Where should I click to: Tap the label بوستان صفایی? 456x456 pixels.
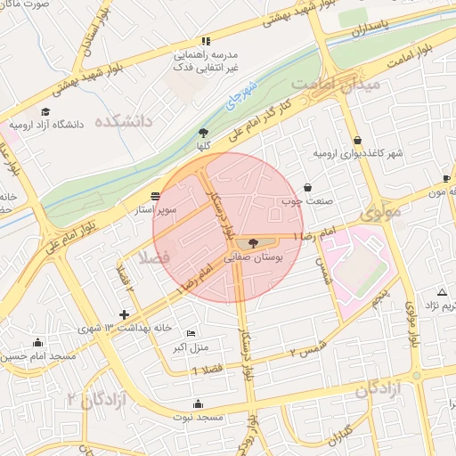pyautogui.click(x=256, y=256)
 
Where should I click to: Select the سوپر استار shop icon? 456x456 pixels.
pyautogui.click(x=156, y=196)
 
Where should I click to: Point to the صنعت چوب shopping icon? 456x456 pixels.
pyautogui.click(x=308, y=188)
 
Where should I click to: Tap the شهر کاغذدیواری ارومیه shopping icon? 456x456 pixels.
pyautogui.click(x=358, y=140)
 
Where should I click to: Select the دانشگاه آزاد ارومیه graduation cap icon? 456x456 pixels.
pyautogui.click(x=12, y=125)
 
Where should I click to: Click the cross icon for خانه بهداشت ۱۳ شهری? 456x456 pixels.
pyautogui.click(x=124, y=314)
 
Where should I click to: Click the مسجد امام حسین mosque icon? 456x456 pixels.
pyautogui.click(x=37, y=342)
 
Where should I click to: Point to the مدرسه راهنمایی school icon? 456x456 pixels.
pyautogui.click(x=207, y=41)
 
